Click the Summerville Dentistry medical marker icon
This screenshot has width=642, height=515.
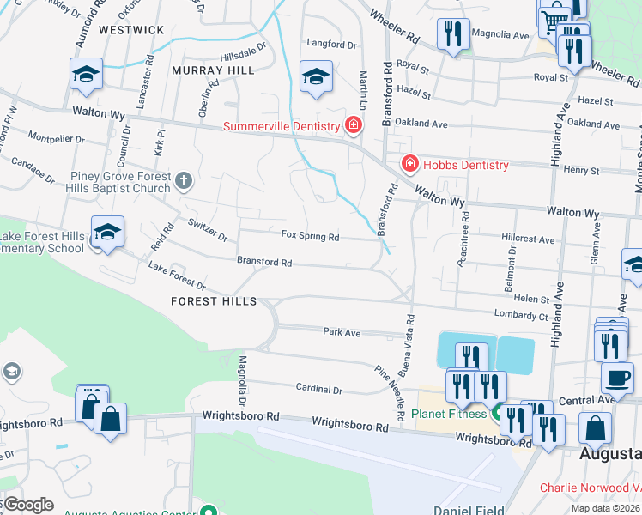353,126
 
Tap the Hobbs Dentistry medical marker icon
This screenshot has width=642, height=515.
410,164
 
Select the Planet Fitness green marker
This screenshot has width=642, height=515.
495,414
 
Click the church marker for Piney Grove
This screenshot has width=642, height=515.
183,181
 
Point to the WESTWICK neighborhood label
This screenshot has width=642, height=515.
131,30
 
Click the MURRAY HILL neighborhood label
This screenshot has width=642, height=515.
213,70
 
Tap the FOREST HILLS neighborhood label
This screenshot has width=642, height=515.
214,301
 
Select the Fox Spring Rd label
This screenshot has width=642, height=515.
311,236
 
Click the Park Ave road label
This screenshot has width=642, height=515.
341,331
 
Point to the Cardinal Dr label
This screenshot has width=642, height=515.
319,390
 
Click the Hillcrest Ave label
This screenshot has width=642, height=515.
529,240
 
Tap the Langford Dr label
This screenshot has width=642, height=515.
331,44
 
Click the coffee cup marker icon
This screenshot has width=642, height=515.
616,377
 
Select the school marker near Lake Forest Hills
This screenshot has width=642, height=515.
107,233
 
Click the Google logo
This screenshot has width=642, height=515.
27,505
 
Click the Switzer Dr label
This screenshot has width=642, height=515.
207,229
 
